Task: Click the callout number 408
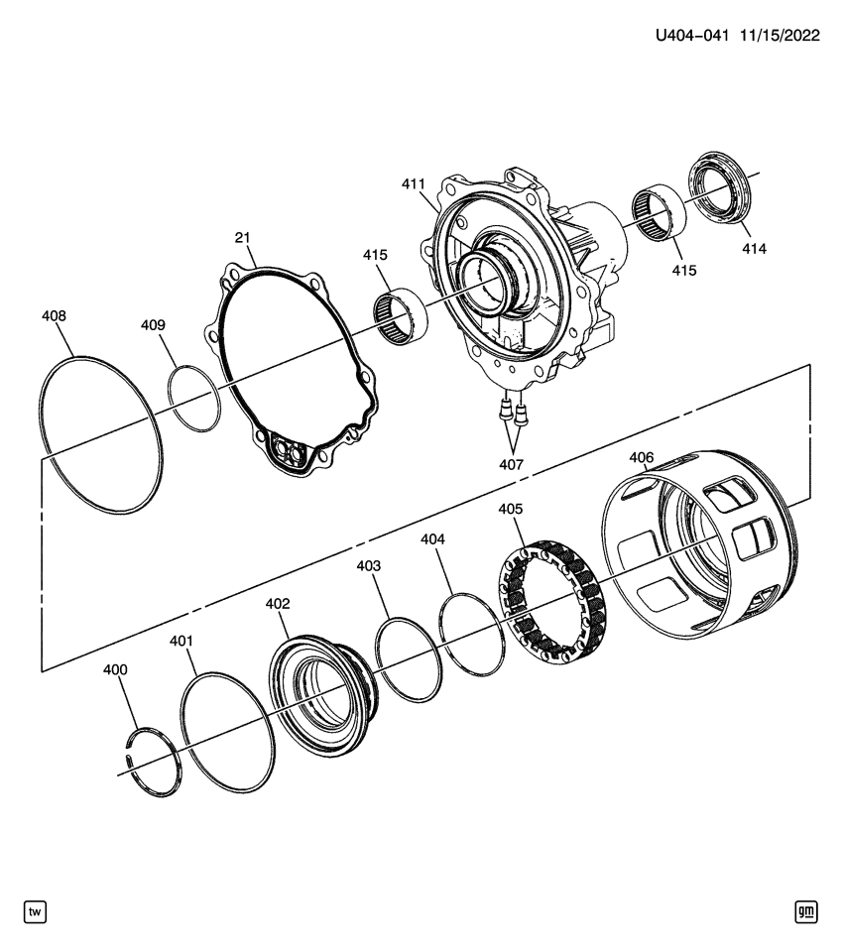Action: tap(55, 316)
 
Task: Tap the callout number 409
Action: tap(153, 325)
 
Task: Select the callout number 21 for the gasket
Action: tap(243, 238)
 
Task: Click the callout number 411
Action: tap(413, 183)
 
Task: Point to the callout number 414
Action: tap(754, 250)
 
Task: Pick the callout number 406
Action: tap(642, 458)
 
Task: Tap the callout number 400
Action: tap(116, 670)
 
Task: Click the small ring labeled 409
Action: tap(193, 398)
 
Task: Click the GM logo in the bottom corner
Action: tap(805, 910)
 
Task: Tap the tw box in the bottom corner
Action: tap(35, 910)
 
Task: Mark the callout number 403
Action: tap(369, 565)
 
